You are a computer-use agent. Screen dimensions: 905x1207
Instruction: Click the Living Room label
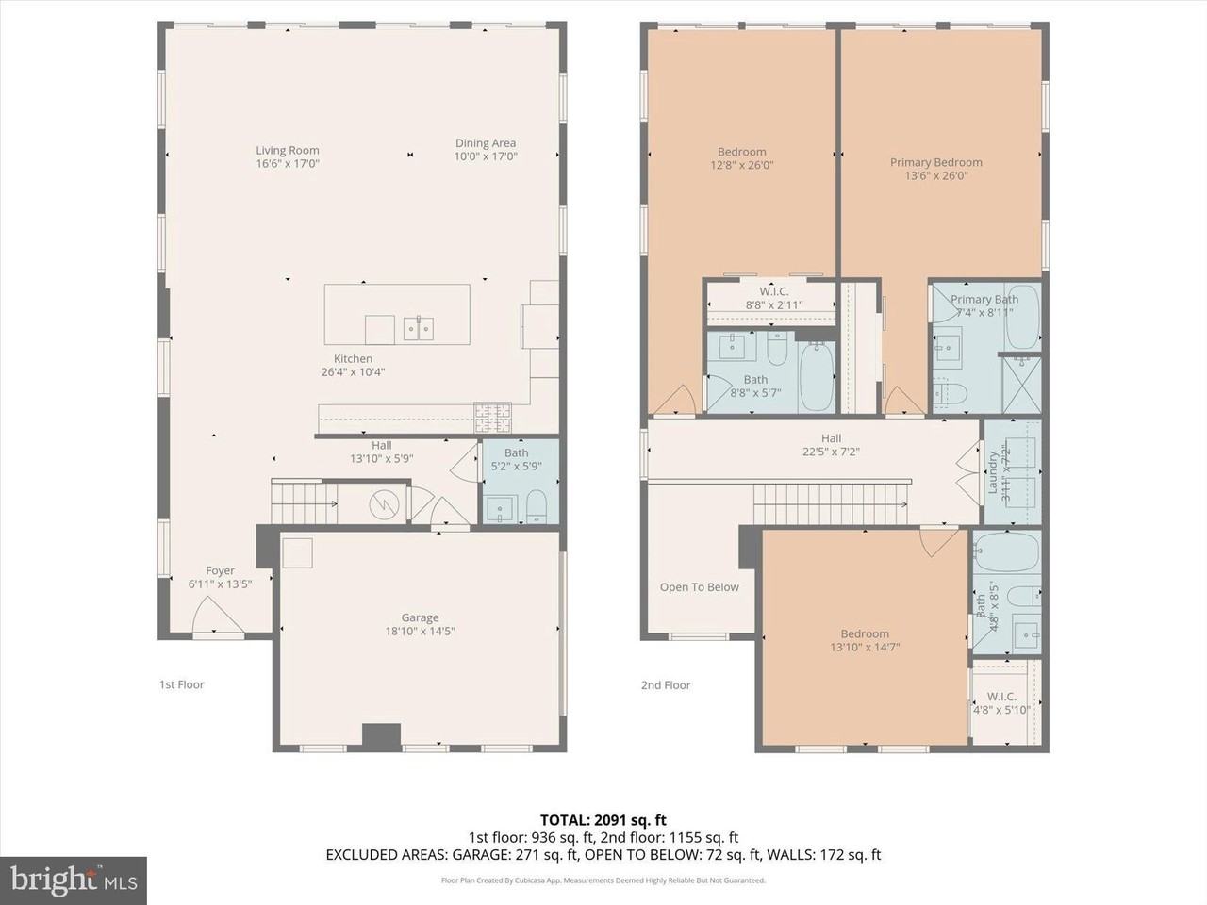coord(288,150)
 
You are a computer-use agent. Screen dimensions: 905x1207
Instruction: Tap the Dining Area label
coord(486,143)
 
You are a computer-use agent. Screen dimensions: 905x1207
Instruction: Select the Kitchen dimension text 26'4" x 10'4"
coord(353,372)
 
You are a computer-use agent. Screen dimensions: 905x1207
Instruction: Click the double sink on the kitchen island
coord(419,328)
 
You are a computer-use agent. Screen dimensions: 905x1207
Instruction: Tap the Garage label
coord(420,618)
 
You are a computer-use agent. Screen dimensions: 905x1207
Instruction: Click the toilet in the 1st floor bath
coord(537,505)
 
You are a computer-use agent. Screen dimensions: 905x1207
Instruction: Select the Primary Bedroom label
coord(935,162)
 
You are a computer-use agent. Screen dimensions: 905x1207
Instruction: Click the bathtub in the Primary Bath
coord(1021,317)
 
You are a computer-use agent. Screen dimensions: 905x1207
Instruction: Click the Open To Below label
coord(699,587)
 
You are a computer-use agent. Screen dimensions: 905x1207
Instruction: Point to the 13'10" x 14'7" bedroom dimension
coord(865,648)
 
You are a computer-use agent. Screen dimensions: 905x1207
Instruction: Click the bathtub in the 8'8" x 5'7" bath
coord(817,377)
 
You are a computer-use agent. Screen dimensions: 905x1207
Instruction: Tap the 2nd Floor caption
coord(666,685)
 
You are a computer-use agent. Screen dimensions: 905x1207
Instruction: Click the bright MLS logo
coord(73,880)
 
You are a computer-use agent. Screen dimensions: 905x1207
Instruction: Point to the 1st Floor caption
coord(181,684)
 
